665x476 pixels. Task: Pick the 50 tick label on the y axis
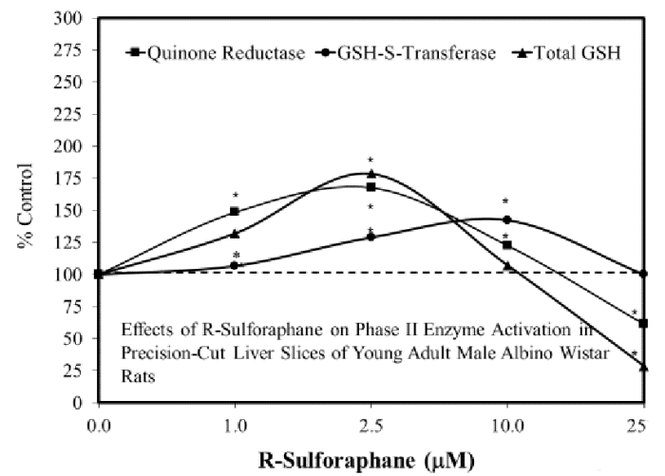click(x=74, y=338)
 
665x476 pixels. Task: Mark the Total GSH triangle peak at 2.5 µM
click(x=371, y=174)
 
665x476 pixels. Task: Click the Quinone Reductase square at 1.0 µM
click(x=235, y=211)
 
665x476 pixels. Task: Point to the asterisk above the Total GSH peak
click(x=371, y=160)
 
